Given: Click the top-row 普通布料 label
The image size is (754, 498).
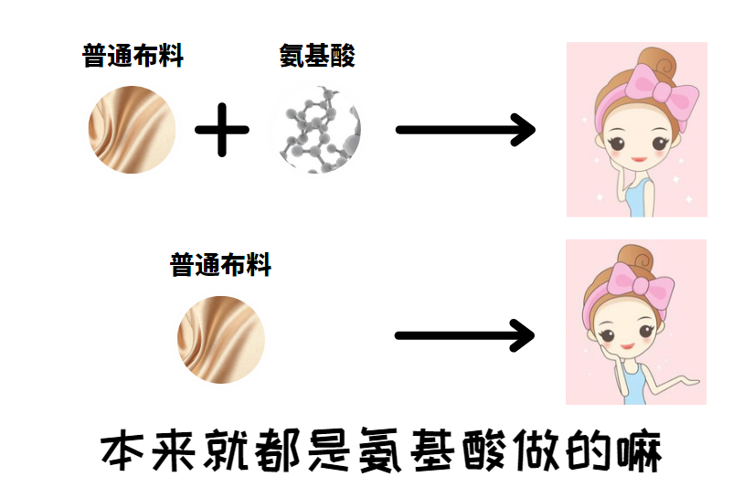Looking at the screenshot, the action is click(133, 57).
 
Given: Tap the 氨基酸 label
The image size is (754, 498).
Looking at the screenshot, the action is click(317, 57).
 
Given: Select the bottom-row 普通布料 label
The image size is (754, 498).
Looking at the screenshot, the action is click(220, 266).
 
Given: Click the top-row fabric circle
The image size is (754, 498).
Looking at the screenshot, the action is click(132, 130).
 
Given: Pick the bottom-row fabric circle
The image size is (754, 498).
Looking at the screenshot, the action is click(220, 339).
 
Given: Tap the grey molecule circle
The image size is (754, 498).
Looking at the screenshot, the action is click(316, 130).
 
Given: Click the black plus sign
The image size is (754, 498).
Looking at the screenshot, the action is click(222, 130).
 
